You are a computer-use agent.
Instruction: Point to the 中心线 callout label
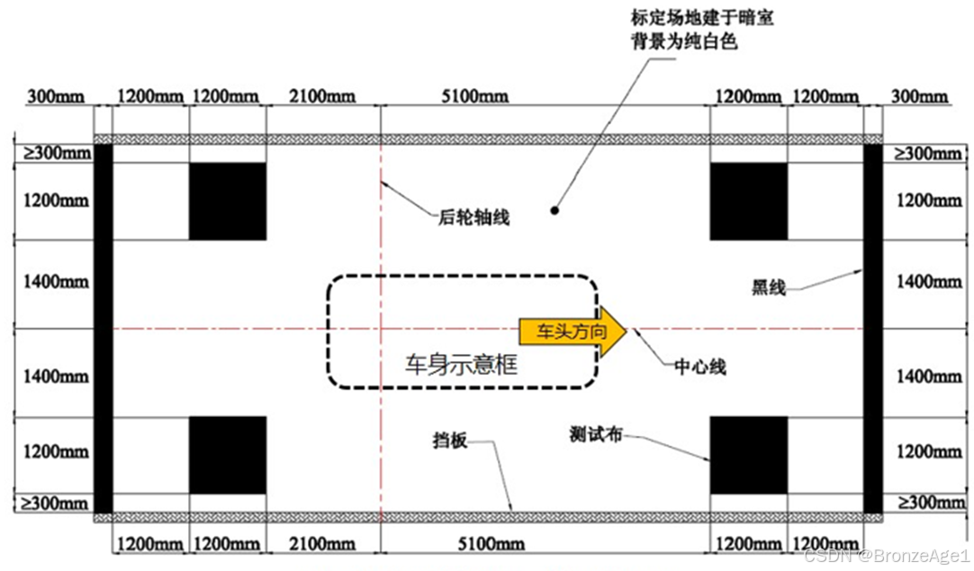tap(700, 367)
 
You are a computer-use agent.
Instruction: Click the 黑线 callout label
tap(770, 288)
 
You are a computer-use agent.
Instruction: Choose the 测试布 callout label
tap(596, 433)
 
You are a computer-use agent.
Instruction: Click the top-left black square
tap(228, 201)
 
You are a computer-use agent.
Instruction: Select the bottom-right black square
tap(749, 455)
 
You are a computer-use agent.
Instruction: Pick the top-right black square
tap(749, 201)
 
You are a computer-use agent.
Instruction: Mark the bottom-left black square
tap(228, 455)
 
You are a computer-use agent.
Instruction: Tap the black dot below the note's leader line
tap(555, 211)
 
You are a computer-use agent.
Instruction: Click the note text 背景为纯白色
tap(683, 41)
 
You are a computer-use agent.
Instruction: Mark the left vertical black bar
tap(103, 328)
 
